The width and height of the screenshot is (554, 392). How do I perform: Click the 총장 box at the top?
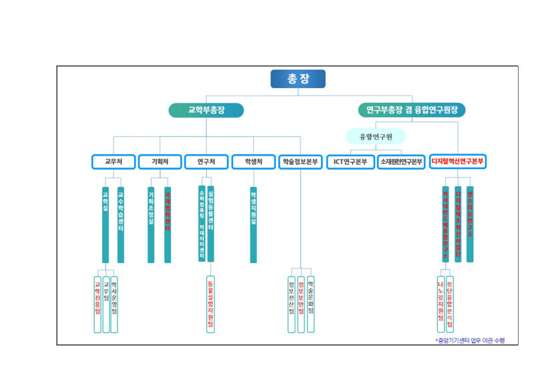[x=298, y=79]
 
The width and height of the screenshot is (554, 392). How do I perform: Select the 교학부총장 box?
[x=206, y=110]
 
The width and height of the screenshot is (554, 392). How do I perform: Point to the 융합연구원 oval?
[x=375, y=136]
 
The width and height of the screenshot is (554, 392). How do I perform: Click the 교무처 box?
[x=113, y=162]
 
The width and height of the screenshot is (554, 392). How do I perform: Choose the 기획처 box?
[x=160, y=162]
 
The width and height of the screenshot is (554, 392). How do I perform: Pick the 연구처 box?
[x=206, y=162]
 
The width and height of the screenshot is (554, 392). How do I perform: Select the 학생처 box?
[x=253, y=162]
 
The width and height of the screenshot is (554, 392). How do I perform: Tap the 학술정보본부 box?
[x=300, y=162]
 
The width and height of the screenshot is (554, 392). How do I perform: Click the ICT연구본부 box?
[x=350, y=162]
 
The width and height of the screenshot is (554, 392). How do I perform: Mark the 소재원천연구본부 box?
[x=401, y=162]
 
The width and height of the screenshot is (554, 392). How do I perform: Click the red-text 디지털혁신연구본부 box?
[x=458, y=162]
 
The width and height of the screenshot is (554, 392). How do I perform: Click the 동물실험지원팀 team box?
[x=210, y=304]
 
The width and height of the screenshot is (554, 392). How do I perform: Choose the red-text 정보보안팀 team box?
[x=301, y=304]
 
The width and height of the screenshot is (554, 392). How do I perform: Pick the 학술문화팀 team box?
[x=311, y=304]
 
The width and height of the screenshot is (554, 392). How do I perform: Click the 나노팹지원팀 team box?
[x=441, y=304]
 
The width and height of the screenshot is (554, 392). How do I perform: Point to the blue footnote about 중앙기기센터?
[x=470, y=341]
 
